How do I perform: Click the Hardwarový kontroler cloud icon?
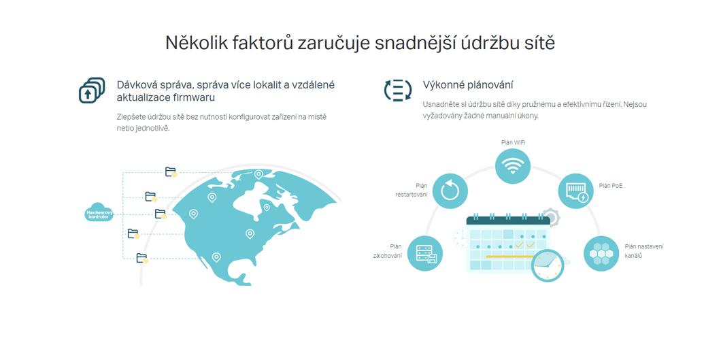(99, 212)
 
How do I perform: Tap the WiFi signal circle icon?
(513, 166)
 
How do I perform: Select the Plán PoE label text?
(611, 186)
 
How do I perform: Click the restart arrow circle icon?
(450, 191)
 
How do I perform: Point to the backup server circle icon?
(425, 253)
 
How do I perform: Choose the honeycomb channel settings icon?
(601, 253)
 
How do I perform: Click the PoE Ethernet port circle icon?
(575, 191)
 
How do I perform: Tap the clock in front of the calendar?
(548, 265)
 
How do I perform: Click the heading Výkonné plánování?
(468, 85)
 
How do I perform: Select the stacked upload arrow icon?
(92, 90)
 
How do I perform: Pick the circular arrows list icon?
(398, 90)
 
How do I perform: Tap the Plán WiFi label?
(513, 142)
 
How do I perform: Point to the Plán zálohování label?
(388, 251)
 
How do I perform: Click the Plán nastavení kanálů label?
(643, 251)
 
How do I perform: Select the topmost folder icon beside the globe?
(171, 172)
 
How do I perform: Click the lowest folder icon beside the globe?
(142, 258)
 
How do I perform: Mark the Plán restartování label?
(412, 191)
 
